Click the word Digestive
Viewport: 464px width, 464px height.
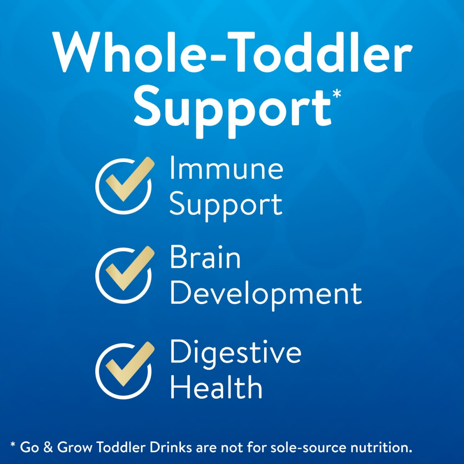click(236, 353)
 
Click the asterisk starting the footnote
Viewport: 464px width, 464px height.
click(13, 445)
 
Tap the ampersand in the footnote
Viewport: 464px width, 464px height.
click(48, 448)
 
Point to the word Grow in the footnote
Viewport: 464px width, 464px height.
click(75, 448)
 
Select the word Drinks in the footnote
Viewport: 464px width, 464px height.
click(170, 448)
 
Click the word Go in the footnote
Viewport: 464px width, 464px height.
click(29, 448)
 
